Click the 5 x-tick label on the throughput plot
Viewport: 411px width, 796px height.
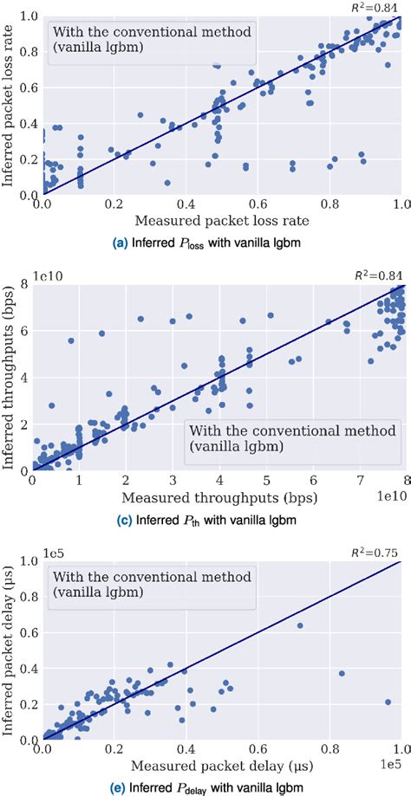(269, 482)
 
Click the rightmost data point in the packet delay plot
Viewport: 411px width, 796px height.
(388, 702)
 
